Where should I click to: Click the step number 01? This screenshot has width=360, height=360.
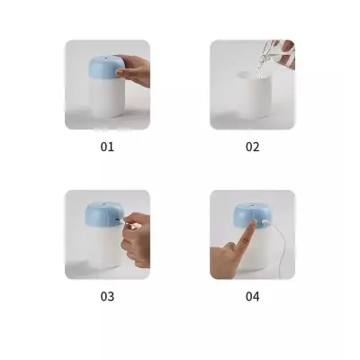tap(107, 146)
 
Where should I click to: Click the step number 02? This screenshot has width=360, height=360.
tap(252, 146)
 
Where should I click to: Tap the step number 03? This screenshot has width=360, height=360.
tap(107, 295)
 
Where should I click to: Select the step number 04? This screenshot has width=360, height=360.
tap(252, 295)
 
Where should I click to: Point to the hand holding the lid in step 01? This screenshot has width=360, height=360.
tap(135, 70)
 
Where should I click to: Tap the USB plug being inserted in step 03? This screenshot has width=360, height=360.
tap(122, 220)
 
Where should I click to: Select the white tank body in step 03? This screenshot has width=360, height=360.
tap(101, 254)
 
